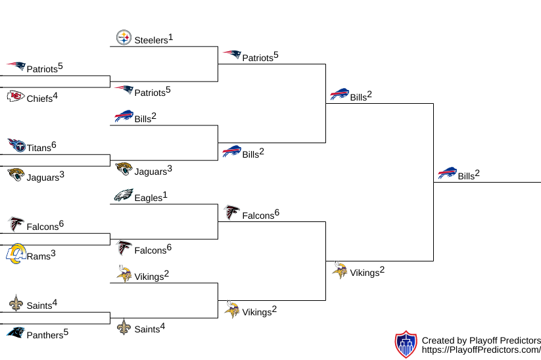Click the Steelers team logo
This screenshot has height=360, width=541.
[x=124, y=37]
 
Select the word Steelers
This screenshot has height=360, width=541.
[x=151, y=40]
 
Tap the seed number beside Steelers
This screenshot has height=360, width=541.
[x=170, y=37]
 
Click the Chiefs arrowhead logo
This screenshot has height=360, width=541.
[x=16, y=97]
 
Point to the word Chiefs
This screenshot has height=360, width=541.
[x=39, y=99]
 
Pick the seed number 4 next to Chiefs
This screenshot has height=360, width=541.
[x=55, y=96]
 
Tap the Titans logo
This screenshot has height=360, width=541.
[x=16, y=145]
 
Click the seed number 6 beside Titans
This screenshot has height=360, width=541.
[x=54, y=145]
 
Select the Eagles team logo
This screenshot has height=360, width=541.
[x=124, y=195]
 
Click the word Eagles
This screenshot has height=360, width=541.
[x=148, y=198]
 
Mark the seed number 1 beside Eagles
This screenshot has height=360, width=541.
[x=165, y=194]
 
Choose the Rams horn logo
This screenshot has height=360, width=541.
[x=15, y=254]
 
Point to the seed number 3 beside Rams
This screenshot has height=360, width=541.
[x=53, y=253]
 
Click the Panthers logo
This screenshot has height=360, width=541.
[x=16, y=332]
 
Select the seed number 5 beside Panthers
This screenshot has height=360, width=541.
[x=66, y=332]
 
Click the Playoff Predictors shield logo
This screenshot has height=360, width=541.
[x=406, y=344]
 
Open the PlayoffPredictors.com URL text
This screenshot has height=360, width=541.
[x=481, y=351]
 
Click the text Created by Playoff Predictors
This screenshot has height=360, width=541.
[x=481, y=340]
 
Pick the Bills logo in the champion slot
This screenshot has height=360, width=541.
[x=447, y=173]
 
